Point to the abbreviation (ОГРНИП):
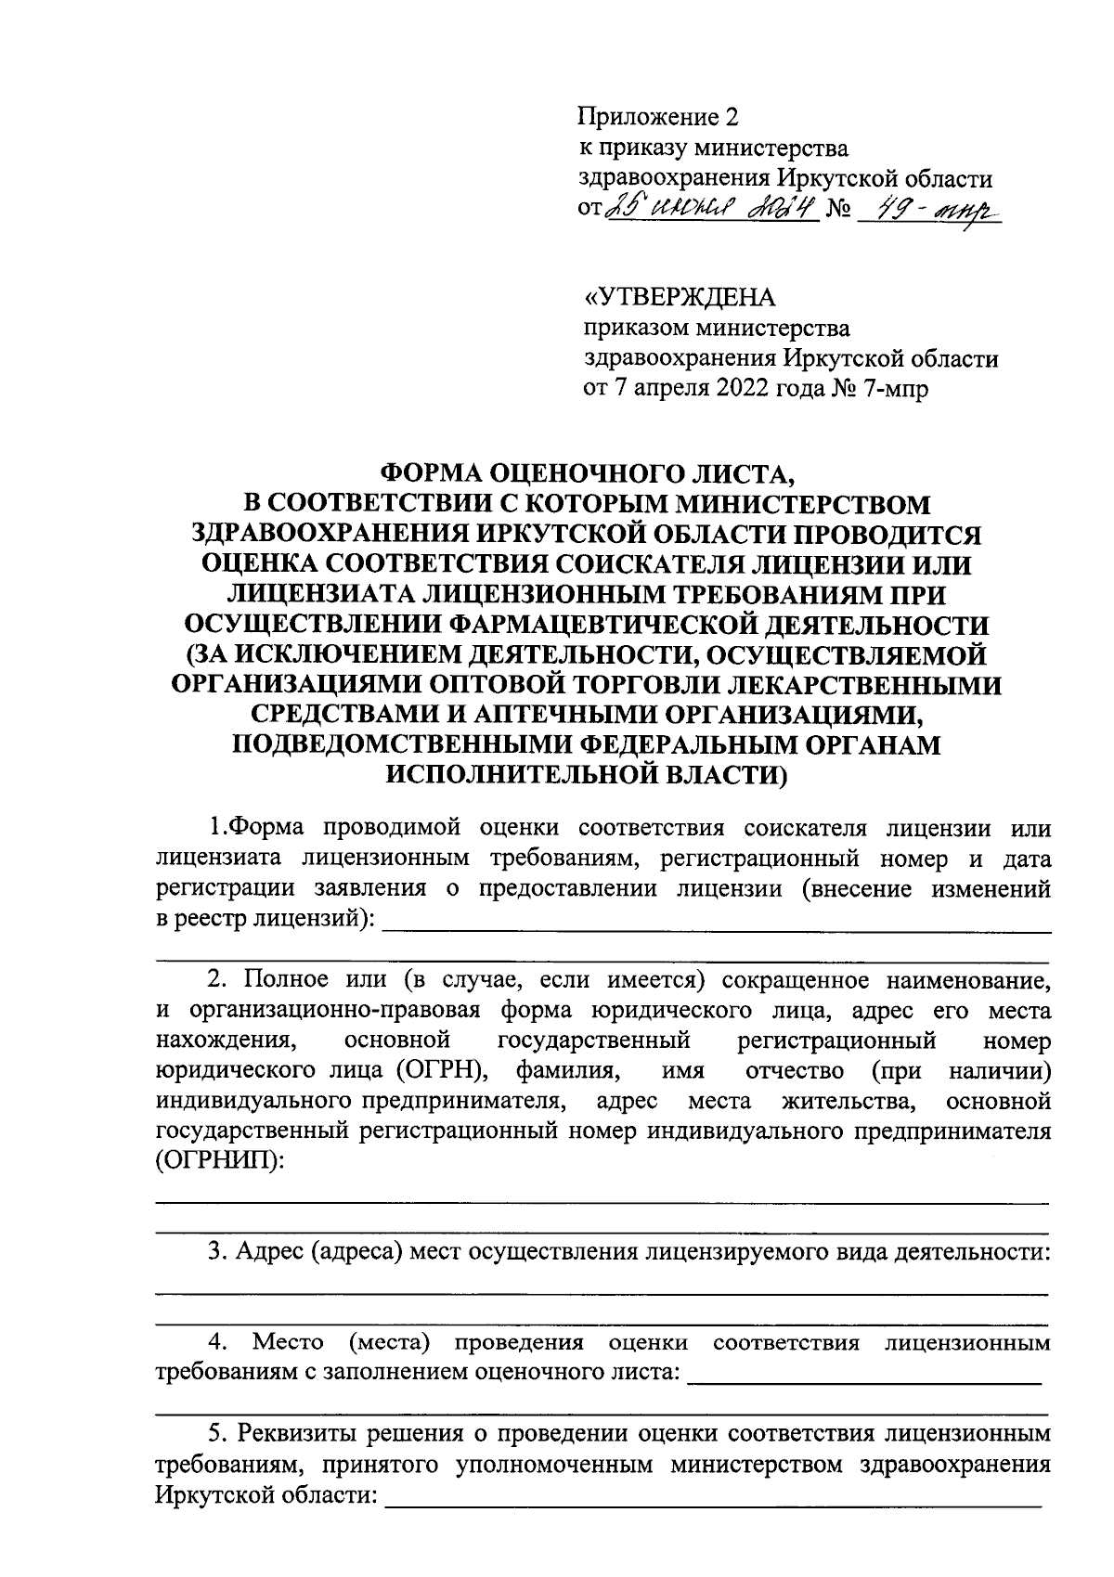coord(220,1161)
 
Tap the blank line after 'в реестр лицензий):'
coord(717,928)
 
